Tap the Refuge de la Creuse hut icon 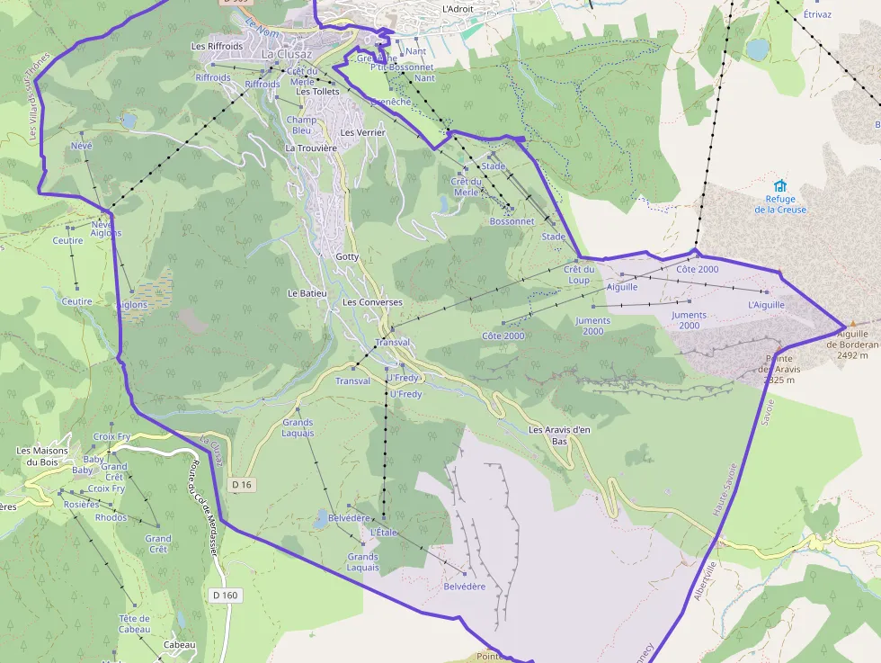point(779,185)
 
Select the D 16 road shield point(242,485)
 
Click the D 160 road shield point(226,595)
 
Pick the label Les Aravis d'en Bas point(559,435)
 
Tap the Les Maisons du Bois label point(42,456)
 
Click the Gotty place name point(347,256)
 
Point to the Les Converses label point(372,302)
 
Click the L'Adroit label point(458,9)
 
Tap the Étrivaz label point(817,14)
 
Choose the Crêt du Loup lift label point(578,274)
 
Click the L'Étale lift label point(384,533)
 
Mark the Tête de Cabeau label point(134,623)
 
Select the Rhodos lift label point(111,517)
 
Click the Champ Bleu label point(301,124)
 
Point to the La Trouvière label point(311,148)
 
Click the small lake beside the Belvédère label point(321,518)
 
